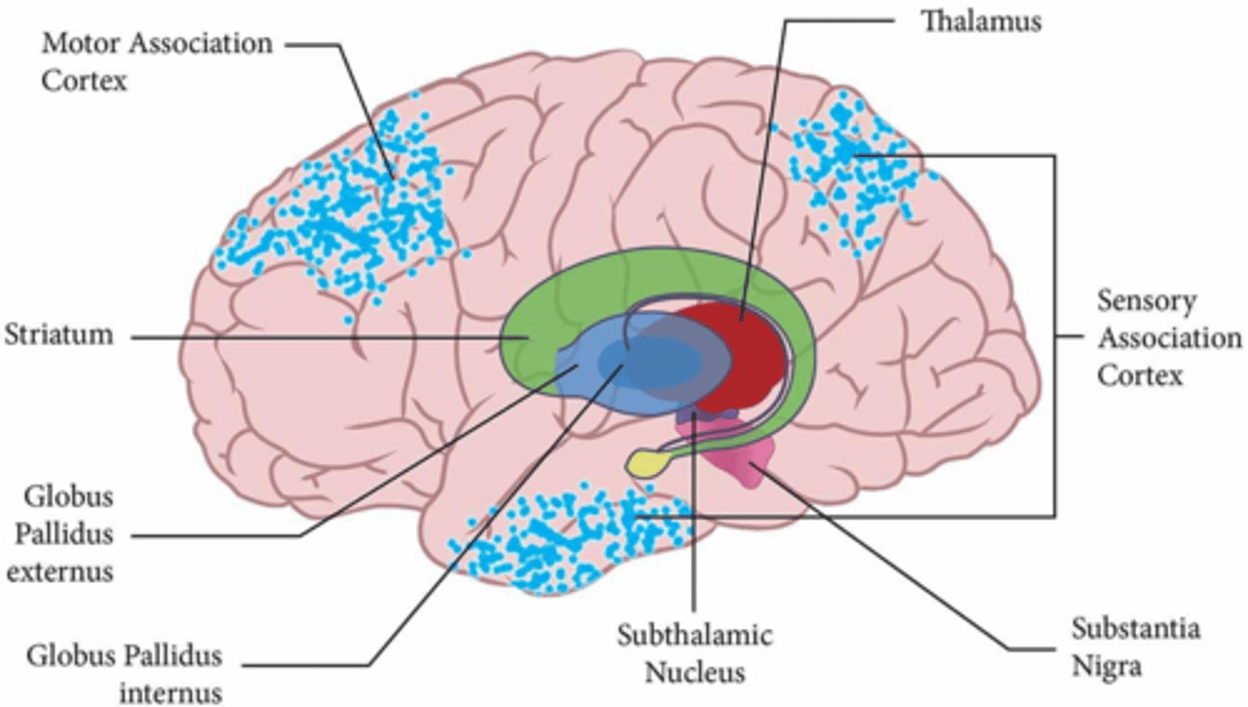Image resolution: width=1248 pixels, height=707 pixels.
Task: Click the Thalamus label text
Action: [x=980, y=21]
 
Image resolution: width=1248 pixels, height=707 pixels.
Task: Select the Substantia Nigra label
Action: [x=1135, y=646]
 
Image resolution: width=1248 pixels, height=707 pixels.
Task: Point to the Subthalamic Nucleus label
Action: [x=693, y=653]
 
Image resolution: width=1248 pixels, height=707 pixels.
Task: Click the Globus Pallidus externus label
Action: [x=68, y=534]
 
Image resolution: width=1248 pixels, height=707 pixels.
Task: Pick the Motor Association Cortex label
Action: [x=156, y=61]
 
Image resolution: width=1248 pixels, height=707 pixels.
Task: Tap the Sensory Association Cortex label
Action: [x=1169, y=339]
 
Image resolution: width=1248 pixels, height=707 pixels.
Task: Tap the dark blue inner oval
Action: [x=650, y=360]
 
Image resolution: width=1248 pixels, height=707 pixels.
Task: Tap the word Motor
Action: [x=78, y=43]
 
